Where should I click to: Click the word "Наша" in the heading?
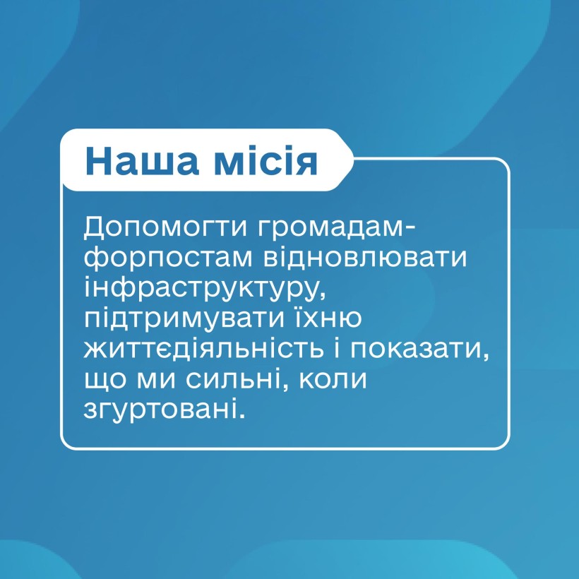[142, 161]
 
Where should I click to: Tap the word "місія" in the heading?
[265, 161]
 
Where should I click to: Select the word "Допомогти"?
[165, 227]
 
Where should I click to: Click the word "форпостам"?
[168, 258]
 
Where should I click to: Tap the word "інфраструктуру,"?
[205, 288]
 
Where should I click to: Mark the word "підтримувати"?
[184, 318]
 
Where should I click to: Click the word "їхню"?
[327, 318]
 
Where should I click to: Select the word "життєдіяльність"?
[204, 349]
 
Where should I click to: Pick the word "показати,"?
[419, 350]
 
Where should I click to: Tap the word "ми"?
[156, 380]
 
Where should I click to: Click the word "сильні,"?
[237, 379]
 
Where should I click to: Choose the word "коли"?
[333, 379]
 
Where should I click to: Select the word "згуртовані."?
[165, 410]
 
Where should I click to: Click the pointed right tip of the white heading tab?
[353, 160]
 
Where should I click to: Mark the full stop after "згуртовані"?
[242, 416]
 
